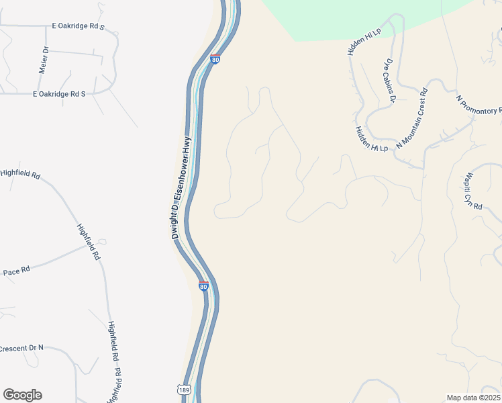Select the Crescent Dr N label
pos(21,349)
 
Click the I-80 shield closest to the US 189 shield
pos(203,286)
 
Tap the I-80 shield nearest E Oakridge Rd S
pos(214,59)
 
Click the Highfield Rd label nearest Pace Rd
pos(88,242)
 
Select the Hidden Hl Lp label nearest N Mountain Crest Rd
pos(372,139)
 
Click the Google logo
pos(22,395)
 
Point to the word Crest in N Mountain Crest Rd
pos(416,111)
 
